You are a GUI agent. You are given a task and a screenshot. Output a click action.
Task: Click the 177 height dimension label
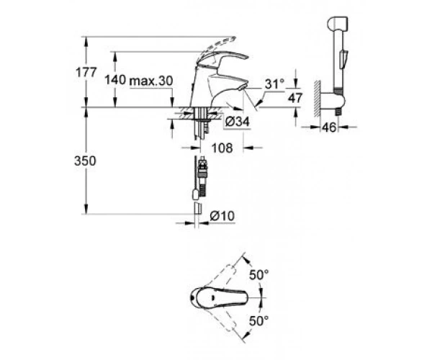click(x=86, y=73)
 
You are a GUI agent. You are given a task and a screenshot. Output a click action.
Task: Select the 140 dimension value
click(x=115, y=80)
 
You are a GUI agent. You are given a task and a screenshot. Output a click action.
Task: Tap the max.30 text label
click(x=151, y=81)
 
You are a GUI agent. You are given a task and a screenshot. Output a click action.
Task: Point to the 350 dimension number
click(x=85, y=161)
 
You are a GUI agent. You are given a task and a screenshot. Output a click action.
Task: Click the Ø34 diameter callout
click(x=237, y=122)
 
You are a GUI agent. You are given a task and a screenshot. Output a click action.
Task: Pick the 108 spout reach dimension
click(x=222, y=148)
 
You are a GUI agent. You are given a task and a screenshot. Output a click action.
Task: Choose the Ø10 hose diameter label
click(x=222, y=216)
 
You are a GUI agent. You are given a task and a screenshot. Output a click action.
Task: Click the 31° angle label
click(x=274, y=84)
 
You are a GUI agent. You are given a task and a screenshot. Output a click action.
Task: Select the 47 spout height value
click(x=295, y=98)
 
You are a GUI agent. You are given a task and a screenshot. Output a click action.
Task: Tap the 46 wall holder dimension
click(x=329, y=127)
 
